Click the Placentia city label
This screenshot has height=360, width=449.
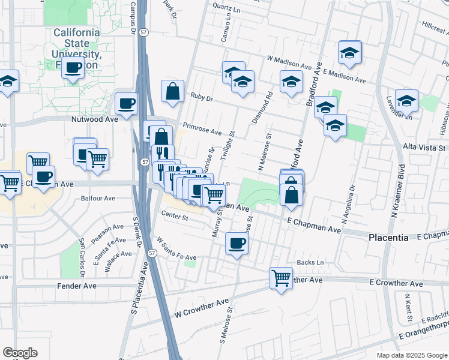click(388, 238)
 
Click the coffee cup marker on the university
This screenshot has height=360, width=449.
click(74, 68)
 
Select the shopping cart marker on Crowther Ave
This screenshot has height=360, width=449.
click(281, 278)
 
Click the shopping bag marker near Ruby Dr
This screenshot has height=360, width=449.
click(172, 91)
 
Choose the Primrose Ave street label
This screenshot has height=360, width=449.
click(202, 129)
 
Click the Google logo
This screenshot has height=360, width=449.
click(20, 353)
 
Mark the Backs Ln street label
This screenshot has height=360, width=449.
click(311, 263)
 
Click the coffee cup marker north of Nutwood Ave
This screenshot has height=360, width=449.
click(126, 104)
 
